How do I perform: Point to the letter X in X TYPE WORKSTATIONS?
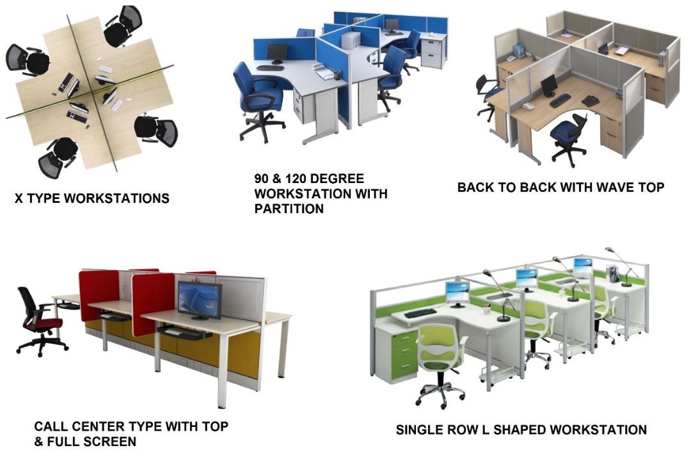pos(19,198)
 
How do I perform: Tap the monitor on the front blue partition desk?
pos(276,53)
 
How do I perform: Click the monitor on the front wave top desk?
pos(549,85)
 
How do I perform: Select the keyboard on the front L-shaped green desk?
pos(420,313)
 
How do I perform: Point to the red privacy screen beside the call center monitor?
pos(152,301)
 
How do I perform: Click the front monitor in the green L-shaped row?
pos(457,292)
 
